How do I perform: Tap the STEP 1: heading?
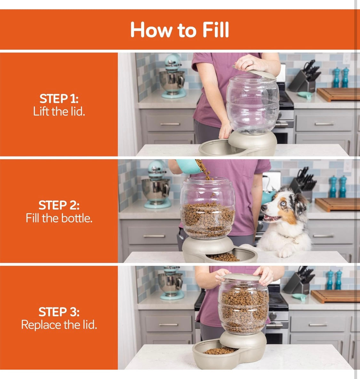point(59,99)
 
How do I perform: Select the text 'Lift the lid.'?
point(59,111)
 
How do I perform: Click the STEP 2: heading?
point(59,205)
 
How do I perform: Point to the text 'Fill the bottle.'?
point(59,218)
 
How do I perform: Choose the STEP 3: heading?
point(59,312)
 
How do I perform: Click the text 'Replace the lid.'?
point(59,325)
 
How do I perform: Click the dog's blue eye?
point(283,203)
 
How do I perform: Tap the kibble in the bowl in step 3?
point(220,350)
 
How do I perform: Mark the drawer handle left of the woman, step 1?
point(170,124)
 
